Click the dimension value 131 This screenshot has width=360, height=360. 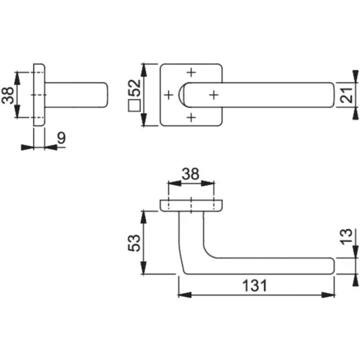coord(254,285)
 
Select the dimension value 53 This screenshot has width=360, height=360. coord(134,243)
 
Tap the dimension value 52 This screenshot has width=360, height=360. coord(134,88)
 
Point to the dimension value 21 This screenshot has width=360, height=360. coord(346,95)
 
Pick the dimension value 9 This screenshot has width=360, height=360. coord(62,138)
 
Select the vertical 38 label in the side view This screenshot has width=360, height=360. coord(8,95)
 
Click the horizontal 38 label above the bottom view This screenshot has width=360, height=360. coord(190,174)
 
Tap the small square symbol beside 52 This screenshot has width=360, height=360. coord(134,106)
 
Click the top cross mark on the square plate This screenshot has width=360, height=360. coord(191,73)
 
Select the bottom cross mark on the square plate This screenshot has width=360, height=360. coord(191,118)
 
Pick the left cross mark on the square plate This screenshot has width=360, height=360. coord(169,95)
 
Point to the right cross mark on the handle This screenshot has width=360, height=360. coord(214,95)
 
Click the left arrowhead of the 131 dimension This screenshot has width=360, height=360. coord(185,295)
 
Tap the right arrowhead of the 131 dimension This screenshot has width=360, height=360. coord(328,295)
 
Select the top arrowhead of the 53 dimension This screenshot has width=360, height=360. coord(143,217)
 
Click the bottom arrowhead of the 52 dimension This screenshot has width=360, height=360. coord(143,119)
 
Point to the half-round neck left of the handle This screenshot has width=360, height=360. coord(181,95)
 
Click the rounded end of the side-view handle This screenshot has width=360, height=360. coord(104,95)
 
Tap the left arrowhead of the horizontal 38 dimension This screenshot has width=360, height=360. coord(175,183)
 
